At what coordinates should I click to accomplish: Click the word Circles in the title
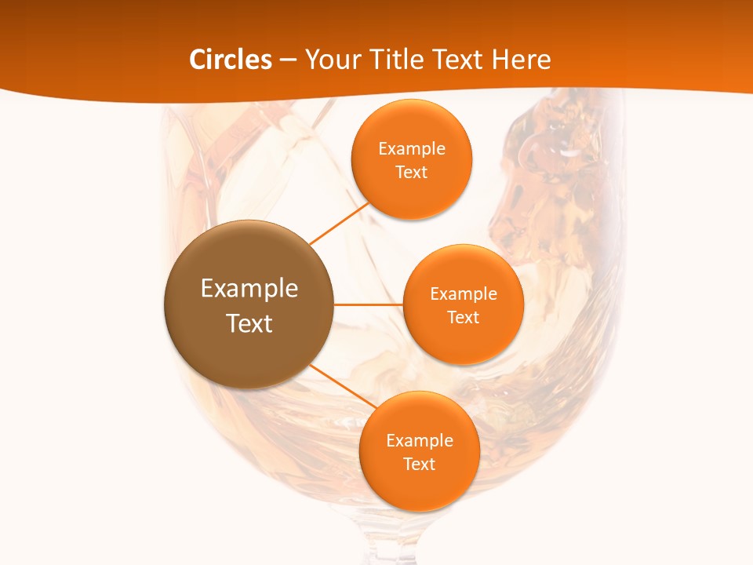coord(231,60)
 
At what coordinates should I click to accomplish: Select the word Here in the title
coord(521,60)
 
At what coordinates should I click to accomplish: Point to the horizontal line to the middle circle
coord(369,304)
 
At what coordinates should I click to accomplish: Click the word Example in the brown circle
coord(249,289)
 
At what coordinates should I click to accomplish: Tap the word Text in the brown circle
coord(249,323)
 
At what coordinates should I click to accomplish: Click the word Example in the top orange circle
coord(411,149)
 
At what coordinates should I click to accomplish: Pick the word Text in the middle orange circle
coord(463,318)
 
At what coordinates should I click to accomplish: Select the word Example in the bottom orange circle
coord(419,441)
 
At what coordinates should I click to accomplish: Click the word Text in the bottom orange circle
coord(419,465)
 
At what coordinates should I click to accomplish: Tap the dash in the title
coord(288,60)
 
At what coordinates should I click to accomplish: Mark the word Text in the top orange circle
coord(411,173)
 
